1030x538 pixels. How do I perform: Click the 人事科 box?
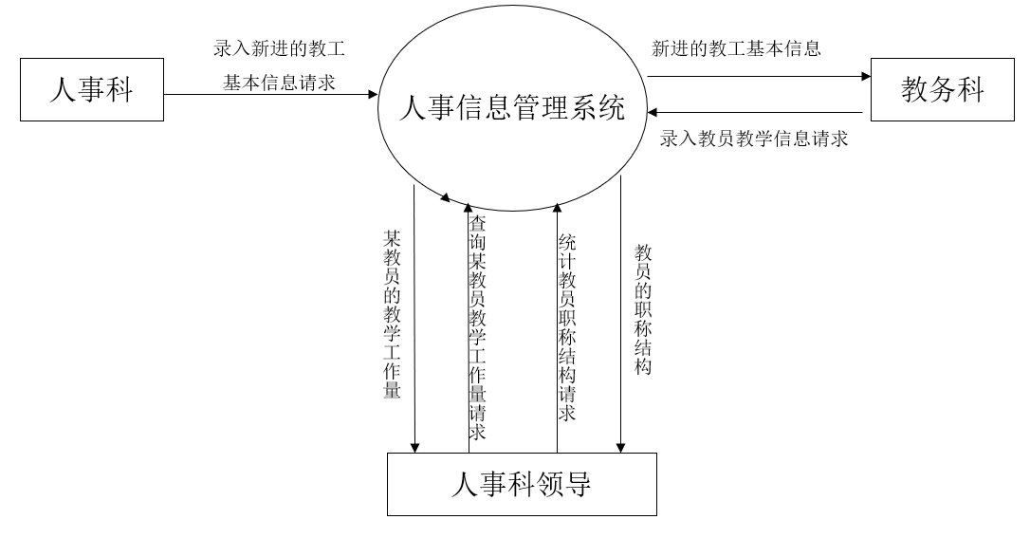91,91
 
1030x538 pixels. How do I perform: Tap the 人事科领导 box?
521,484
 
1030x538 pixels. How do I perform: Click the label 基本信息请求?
279,83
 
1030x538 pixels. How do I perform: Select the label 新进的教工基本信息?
736,48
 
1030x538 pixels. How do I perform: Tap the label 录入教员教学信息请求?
754,139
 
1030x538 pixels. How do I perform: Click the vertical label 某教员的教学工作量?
392,313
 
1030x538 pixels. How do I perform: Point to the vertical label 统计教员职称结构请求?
567,327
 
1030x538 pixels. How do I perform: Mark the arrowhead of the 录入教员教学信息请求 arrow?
653,111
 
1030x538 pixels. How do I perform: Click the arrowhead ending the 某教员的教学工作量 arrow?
414,448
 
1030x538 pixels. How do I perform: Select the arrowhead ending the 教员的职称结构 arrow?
621,448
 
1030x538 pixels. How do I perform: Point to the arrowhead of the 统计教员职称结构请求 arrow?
557,206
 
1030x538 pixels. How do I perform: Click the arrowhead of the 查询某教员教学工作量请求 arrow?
468,206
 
